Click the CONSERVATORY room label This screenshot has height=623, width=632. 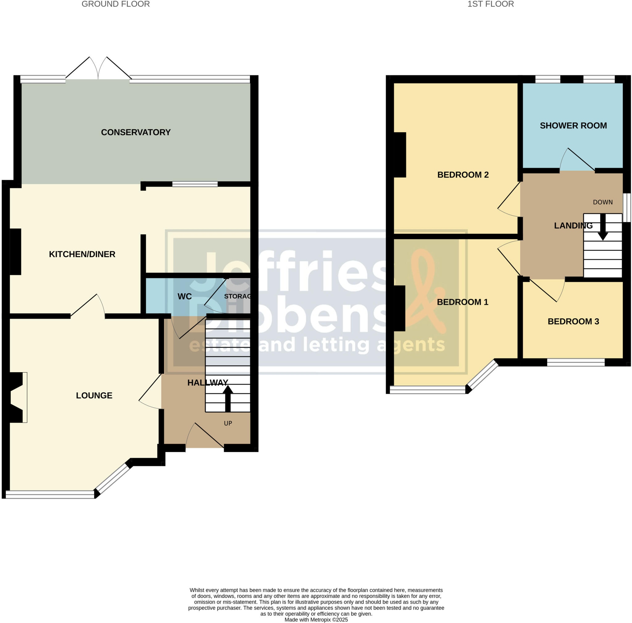point(136,132)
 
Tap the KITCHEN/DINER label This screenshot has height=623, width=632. point(82,254)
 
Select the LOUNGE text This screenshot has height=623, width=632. point(94,395)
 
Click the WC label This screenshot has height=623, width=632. point(185,297)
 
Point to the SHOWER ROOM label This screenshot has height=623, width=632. point(573,126)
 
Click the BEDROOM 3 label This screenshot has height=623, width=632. point(573,321)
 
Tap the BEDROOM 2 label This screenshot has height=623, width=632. point(463,175)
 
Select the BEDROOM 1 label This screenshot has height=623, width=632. point(462,302)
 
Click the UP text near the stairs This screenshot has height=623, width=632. point(228,423)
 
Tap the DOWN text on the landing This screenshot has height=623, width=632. point(603,202)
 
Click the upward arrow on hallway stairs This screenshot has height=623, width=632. point(228,398)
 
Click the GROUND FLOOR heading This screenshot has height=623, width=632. point(115,4)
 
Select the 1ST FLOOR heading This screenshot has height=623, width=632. point(490,4)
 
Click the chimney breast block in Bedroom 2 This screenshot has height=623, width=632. point(400,155)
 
